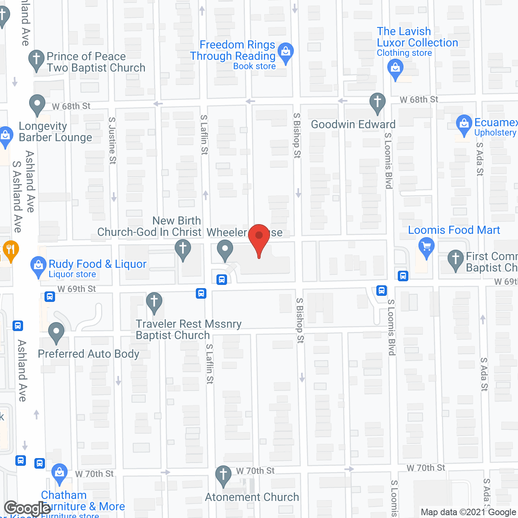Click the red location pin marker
[259, 239]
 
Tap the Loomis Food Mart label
[454, 230]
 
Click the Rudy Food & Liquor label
[97, 264]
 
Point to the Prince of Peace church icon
[36, 59]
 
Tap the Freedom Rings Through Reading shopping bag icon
[286, 52]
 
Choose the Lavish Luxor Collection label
[417, 37]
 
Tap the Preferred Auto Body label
[88, 354]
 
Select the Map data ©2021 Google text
[468, 512]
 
